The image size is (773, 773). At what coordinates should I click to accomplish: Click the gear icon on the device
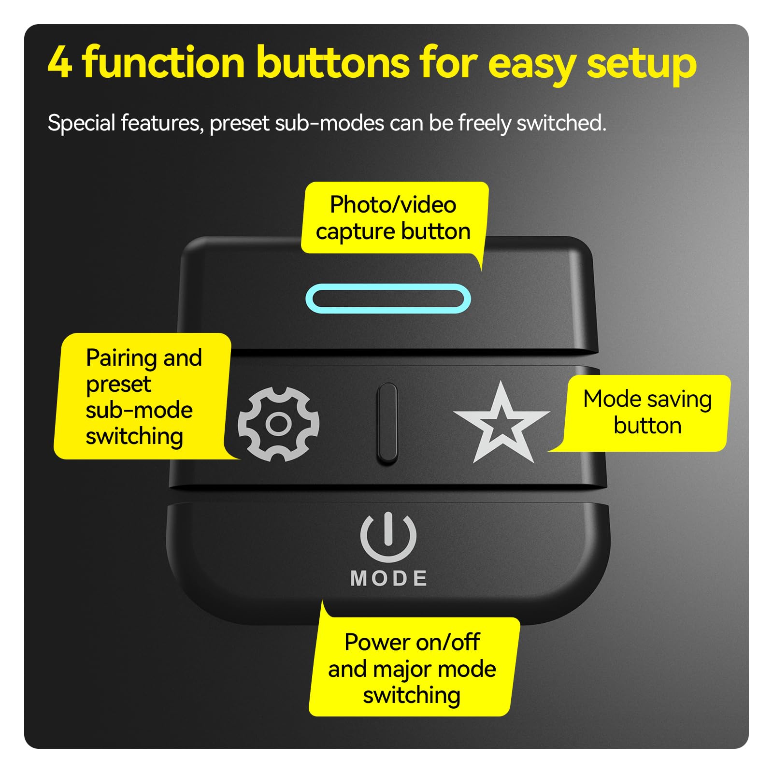tap(279, 424)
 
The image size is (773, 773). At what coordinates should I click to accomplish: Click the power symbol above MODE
tap(388, 536)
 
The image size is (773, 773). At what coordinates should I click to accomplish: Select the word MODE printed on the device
tap(389, 578)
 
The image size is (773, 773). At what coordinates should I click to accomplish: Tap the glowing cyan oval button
tap(388, 299)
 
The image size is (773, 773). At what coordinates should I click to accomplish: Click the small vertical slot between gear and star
tap(387, 424)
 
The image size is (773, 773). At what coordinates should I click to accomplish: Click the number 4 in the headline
tap(60, 63)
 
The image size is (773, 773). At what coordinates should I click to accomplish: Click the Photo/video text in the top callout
tap(393, 205)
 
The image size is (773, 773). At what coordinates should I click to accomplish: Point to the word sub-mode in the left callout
tap(139, 410)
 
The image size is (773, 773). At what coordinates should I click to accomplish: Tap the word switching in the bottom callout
tap(412, 696)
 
